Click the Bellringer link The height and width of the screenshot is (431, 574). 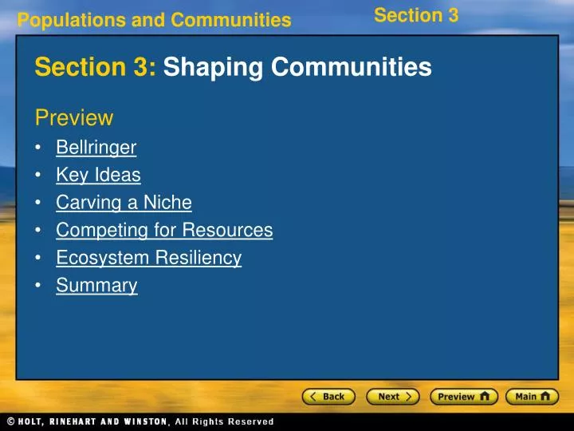pyautogui.click(x=96, y=147)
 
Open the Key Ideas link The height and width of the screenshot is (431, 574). pyautogui.click(x=98, y=175)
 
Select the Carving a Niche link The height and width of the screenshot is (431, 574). pyautogui.click(x=124, y=203)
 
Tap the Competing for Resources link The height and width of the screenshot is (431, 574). pyautogui.click(x=164, y=231)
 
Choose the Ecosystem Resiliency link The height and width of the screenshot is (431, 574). pyautogui.click(x=148, y=258)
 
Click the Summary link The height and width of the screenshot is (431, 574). pyautogui.click(x=96, y=285)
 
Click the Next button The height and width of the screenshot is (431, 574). pyautogui.click(x=393, y=397)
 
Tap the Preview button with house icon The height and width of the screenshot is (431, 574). pyautogui.click(x=464, y=397)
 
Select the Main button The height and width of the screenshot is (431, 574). pyautogui.click(x=532, y=397)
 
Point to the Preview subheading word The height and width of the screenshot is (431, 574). pyautogui.click(x=73, y=118)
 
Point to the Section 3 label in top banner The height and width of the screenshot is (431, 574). pyautogui.click(x=416, y=15)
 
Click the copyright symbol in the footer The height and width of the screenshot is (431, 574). pyautogui.click(x=11, y=421)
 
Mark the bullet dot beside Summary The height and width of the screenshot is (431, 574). pyautogui.click(x=39, y=286)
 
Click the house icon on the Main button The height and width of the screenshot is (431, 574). pyautogui.click(x=548, y=396)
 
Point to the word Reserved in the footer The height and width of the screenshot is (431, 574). pyautogui.click(x=247, y=421)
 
